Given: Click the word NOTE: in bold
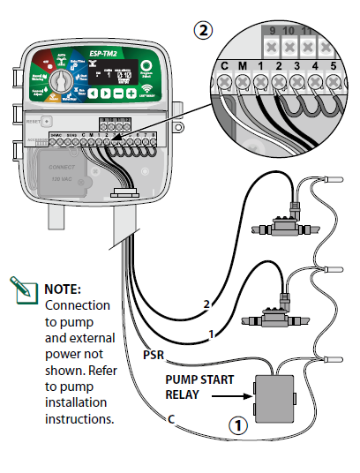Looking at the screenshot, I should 62,289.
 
